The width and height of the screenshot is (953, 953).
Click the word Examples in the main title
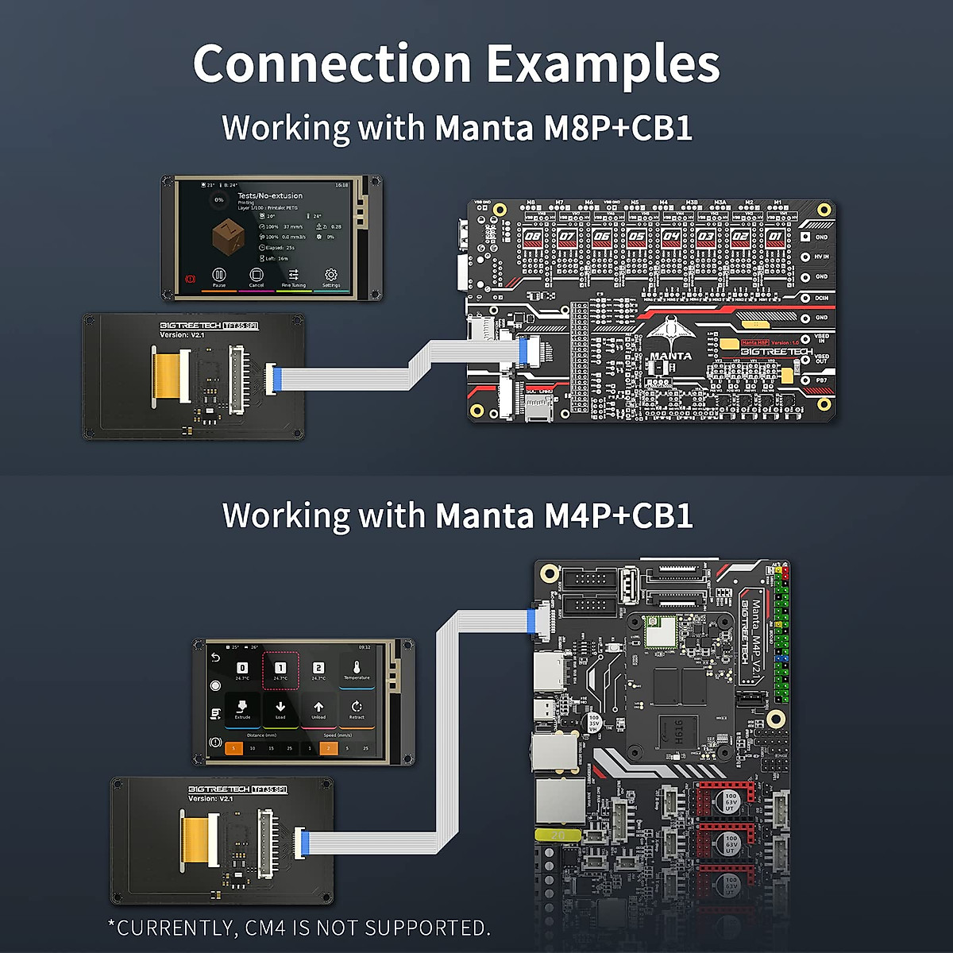(x=603, y=65)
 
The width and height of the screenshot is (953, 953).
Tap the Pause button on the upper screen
(x=219, y=276)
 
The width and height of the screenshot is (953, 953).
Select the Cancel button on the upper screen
(x=256, y=276)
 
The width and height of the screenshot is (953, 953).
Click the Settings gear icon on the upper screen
(x=331, y=276)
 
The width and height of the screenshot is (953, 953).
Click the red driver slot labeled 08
(x=533, y=236)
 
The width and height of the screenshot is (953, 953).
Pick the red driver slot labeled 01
(x=775, y=236)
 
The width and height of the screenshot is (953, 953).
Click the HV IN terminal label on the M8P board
(x=821, y=257)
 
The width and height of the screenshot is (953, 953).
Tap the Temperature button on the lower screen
(x=357, y=671)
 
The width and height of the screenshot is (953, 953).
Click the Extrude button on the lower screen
(x=242, y=708)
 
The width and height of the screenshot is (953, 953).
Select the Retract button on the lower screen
(x=357, y=708)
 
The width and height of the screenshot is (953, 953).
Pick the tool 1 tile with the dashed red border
(x=280, y=671)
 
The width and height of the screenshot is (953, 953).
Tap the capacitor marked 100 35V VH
(x=593, y=723)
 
